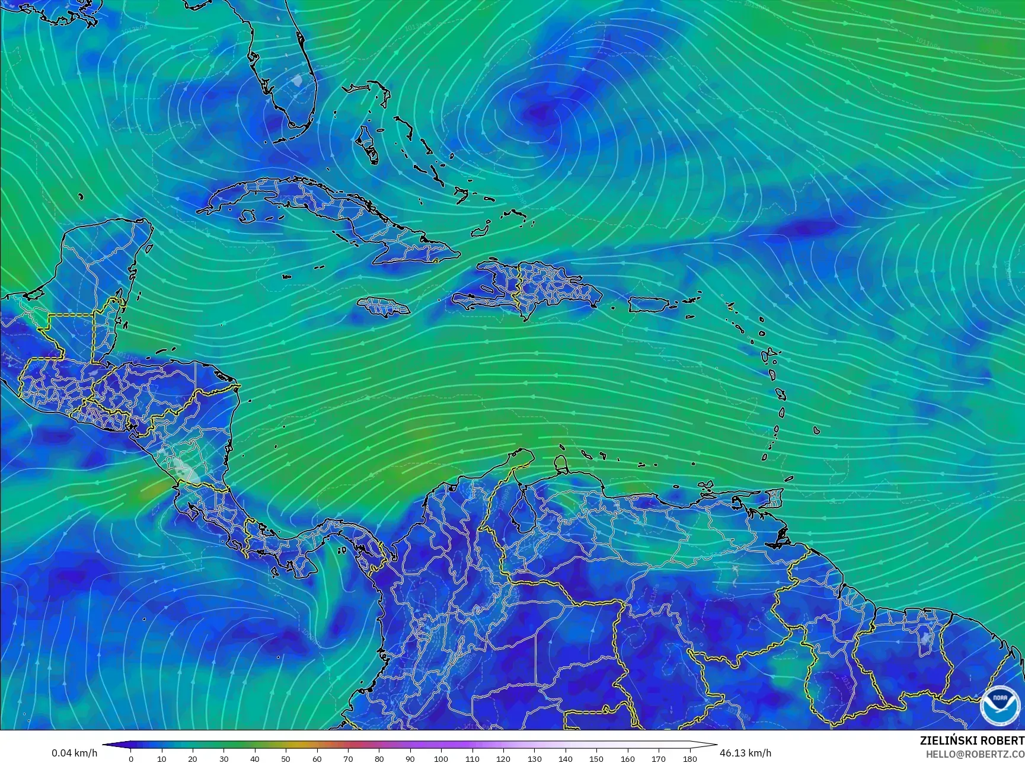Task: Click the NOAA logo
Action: (x=999, y=705)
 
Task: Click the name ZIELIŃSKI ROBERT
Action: (x=972, y=740)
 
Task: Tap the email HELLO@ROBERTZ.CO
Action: (x=975, y=754)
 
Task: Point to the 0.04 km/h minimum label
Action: (x=74, y=753)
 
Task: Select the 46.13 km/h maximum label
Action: (x=745, y=753)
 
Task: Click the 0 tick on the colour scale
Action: (x=131, y=758)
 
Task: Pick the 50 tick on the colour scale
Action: (x=286, y=758)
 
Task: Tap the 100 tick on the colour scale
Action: (x=441, y=758)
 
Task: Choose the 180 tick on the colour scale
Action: (x=689, y=758)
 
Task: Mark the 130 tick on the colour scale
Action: (x=534, y=758)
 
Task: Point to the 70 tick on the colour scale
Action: (x=348, y=758)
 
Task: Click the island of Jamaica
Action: (x=384, y=307)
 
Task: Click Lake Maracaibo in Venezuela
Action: (x=522, y=507)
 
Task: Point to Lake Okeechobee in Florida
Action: (x=296, y=80)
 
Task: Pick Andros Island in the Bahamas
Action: (x=367, y=144)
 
